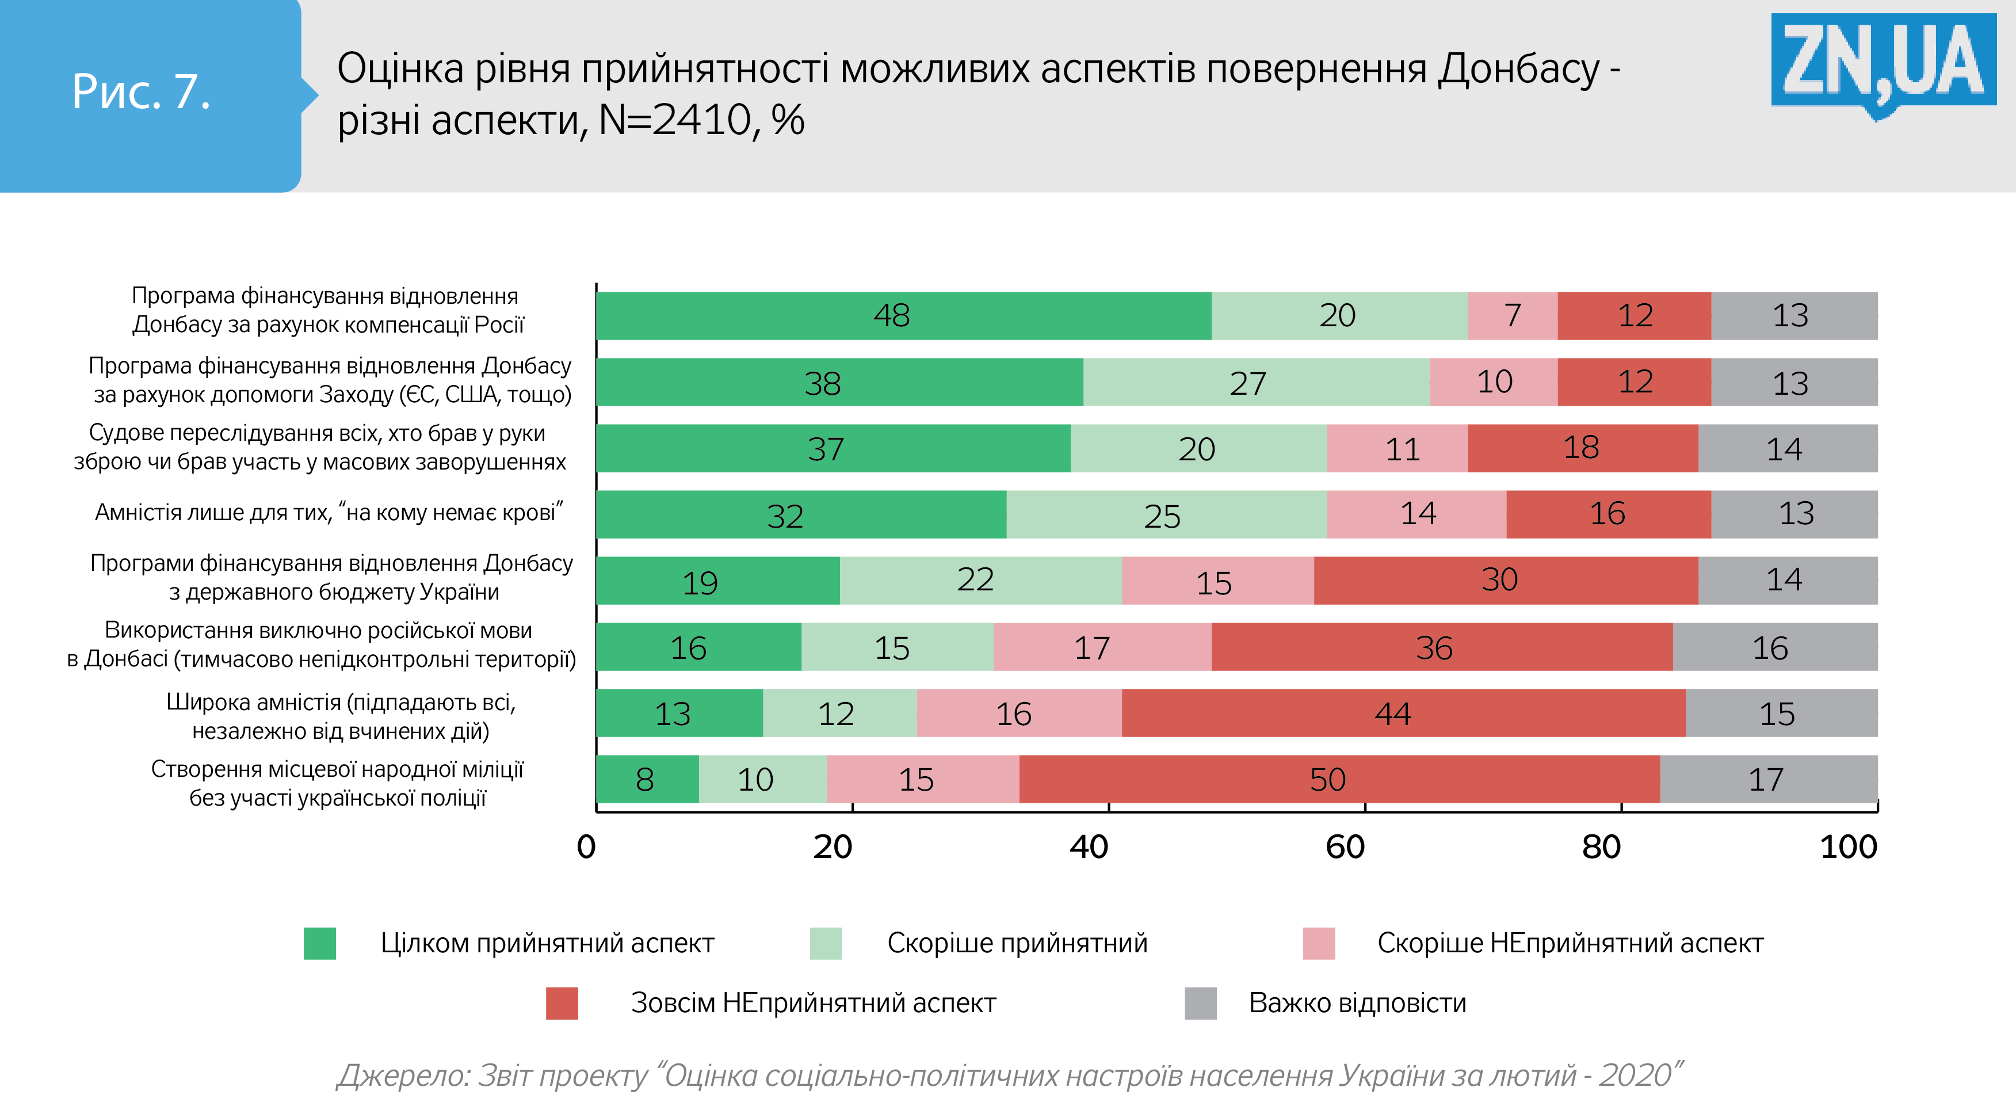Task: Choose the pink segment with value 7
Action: coord(1512,315)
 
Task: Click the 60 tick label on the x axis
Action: coord(1345,847)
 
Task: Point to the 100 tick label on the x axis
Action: coord(1849,847)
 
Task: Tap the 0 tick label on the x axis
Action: coord(586,847)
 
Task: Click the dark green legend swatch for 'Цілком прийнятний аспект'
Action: coord(319,943)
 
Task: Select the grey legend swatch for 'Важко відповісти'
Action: coord(1201,1003)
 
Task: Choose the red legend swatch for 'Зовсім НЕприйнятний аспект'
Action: coord(562,1003)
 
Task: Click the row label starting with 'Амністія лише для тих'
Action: coord(329,513)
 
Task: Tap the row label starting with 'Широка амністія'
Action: coord(341,716)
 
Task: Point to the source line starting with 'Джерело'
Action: coord(1010,1075)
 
